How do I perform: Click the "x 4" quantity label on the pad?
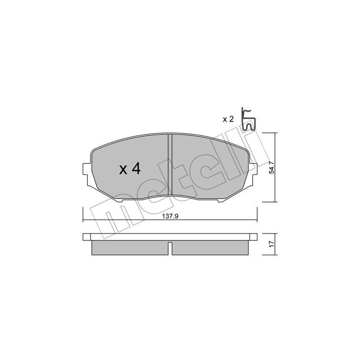[130, 169]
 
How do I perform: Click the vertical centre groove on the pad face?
[170, 166]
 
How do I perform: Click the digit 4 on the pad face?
[136, 169]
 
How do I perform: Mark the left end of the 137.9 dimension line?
[84, 220]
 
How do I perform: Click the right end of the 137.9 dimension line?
[256, 220]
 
